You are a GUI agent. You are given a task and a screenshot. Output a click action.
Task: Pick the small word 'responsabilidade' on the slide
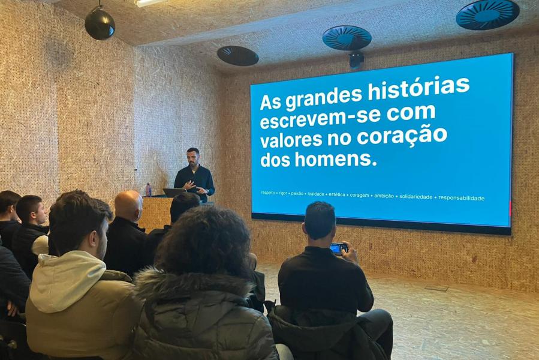[461, 198]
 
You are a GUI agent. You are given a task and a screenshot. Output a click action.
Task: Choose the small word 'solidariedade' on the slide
[415, 197]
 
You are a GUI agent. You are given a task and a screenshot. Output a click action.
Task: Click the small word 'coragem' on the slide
[359, 195]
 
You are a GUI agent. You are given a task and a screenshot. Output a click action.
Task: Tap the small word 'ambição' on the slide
[384, 196]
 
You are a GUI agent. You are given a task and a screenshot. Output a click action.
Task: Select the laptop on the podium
[175, 193]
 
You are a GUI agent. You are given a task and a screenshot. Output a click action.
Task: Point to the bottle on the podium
[149, 190]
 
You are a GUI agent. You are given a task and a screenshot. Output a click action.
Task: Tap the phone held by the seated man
[339, 248]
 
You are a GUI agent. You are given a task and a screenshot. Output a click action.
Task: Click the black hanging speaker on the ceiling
[100, 24]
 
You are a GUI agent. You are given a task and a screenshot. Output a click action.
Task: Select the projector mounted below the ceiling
[356, 59]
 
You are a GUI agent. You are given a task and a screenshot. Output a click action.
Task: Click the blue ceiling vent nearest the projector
[347, 38]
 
